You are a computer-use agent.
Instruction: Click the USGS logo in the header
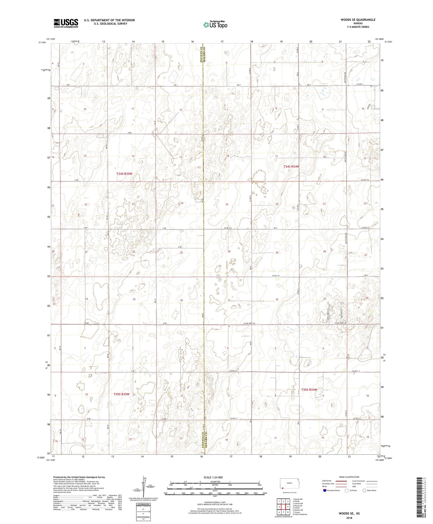point(66,23)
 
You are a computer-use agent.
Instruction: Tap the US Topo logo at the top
point(215,25)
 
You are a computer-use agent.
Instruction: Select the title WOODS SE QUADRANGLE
point(358,20)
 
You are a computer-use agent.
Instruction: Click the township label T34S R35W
point(124,174)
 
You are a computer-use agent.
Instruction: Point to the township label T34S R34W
point(291,166)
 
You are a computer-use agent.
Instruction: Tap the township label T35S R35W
point(121,394)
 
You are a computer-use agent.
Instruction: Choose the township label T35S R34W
point(309,390)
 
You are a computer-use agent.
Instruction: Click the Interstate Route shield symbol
point(324,490)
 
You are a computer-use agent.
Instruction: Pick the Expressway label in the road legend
point(327,481)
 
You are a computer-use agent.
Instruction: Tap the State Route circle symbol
point(364,490)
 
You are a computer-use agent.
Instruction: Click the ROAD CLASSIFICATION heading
point(349,477)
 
